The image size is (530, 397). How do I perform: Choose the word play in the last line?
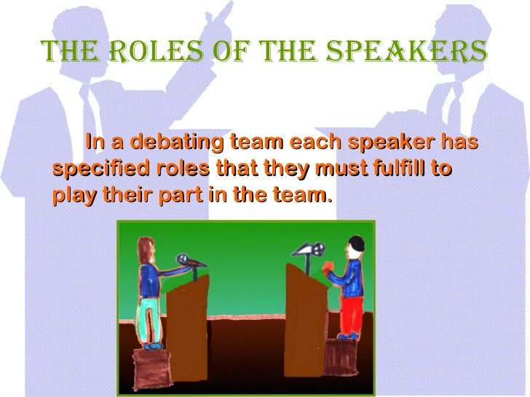[x=71, y=196]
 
